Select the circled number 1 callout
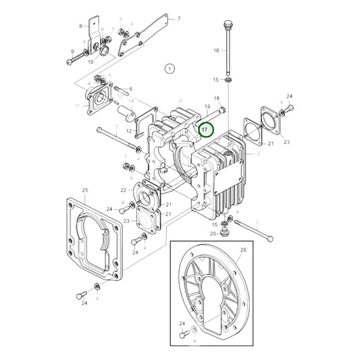(x=170, y=68)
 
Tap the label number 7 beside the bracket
(x=179, y=19)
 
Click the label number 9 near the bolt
(x=72, y=52)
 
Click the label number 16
(x=217, y=51)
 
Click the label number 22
(x=124, y=190)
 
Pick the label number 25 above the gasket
(x=84, y=190)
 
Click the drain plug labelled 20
(x=226, y=233)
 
